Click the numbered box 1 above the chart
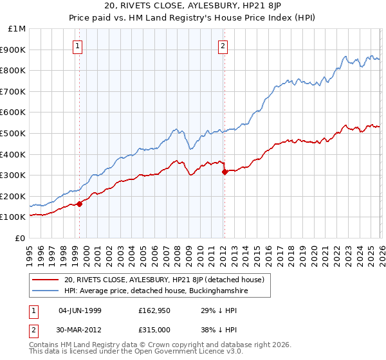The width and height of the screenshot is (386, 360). pyautogui.click(x=77, y=46)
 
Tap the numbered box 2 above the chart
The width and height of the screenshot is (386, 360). pyautogui.click(x=223, y=46)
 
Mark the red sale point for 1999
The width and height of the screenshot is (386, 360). pyautogui.click(x=80, y=204)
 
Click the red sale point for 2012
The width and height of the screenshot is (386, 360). pyautogui.click(x=225, y=172)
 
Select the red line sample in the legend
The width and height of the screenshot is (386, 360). pyautogui.click(x=46, y=280)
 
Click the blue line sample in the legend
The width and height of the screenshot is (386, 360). pyautogui.click(x=46, y=291)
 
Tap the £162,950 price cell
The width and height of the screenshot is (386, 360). pyautogui.click(x=153, y=310)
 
